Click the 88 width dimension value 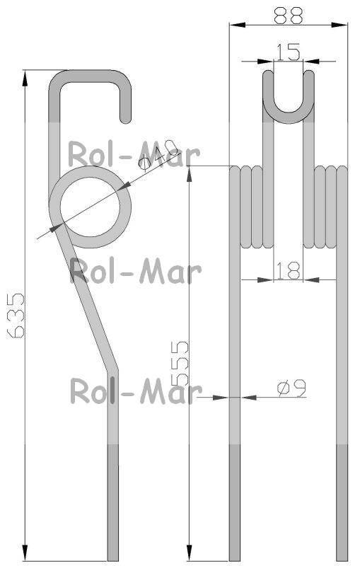click(288, 16)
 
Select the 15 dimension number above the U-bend click(289, 52)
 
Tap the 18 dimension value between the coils click(288, 271)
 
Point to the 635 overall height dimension click(16, 316)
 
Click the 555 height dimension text click(180, 363)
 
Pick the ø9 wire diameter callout click(292, 388)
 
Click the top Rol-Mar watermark click(134, 155)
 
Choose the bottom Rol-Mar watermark click(136, 391)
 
